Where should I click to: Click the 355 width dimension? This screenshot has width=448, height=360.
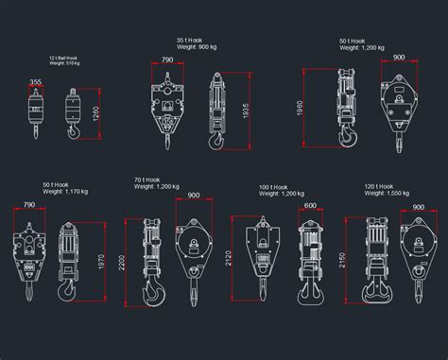point(35,83)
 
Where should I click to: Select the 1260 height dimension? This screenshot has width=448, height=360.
point(95,115)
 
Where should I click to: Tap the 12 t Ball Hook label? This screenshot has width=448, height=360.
point(63,58)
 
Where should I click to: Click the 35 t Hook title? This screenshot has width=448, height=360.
point(188,40)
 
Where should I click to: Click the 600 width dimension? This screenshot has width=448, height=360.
point(311,206)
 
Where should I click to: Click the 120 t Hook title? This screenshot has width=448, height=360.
point(378,186)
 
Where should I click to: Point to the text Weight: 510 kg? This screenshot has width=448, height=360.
point(63,64)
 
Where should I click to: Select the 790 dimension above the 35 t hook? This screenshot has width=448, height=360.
point(167,60)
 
